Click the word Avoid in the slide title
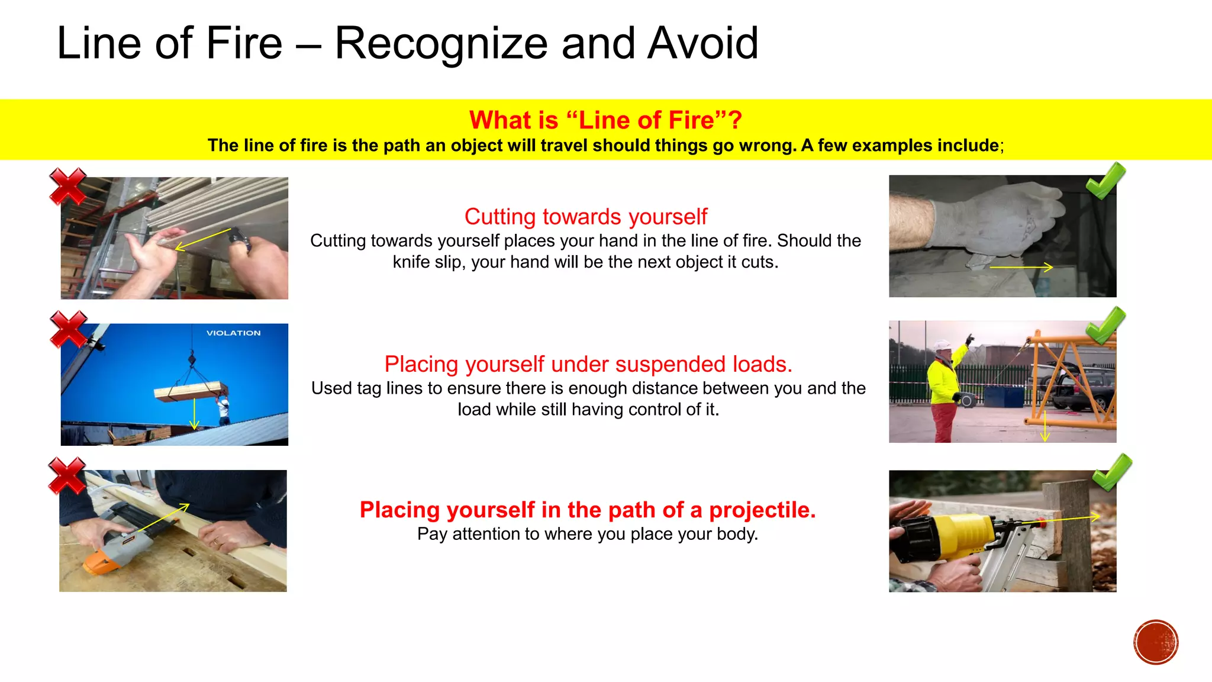point(702,43)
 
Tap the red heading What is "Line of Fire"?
point(605,120)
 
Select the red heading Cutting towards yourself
point(585,217)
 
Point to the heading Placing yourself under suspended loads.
point(588,364)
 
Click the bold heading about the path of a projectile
point(588,510)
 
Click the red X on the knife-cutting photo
point(67,186)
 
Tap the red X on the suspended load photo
point(68,329)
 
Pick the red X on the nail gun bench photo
point(67,475)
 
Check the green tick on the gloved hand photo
point(1105,180)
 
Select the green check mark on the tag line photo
point(1105,325)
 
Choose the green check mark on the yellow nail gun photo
point(1111,472)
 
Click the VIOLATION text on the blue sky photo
point(233,333)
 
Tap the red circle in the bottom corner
point(1156,642)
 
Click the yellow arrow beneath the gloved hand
point(1021,268)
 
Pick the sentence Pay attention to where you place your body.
point(588,534)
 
